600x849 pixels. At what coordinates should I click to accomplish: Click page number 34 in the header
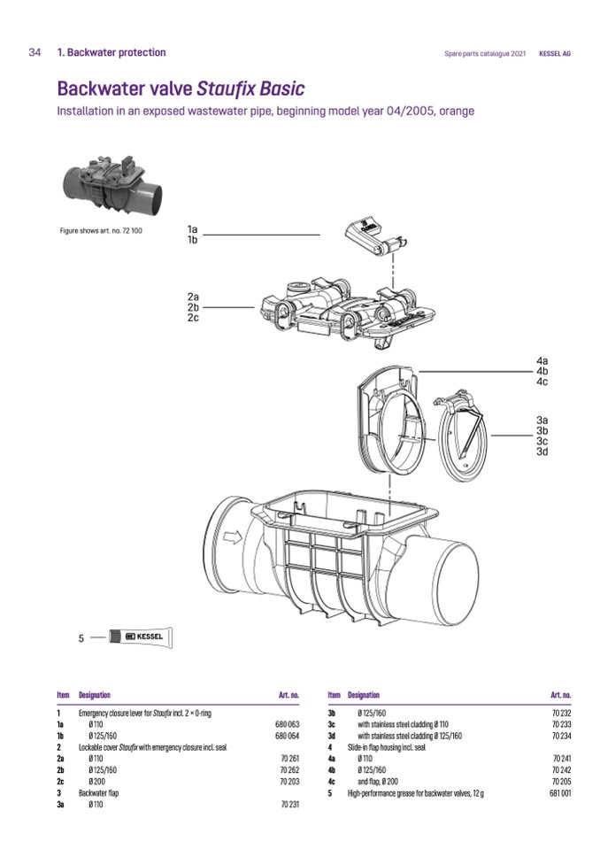(x=35, y=53)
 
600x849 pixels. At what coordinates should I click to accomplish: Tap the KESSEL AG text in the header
(x=555, y=53)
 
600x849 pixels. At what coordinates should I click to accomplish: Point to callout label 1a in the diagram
(x=193, y=228)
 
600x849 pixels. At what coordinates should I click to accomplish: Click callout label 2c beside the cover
(x=193, y=318)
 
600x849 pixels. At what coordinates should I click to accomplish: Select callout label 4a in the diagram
(x=542, y=361)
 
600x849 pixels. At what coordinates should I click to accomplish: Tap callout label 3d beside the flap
(x=542, y=452)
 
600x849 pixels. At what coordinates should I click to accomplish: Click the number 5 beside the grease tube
(x=81, y=637)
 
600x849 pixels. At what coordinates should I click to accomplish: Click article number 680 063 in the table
(x=288, y=724)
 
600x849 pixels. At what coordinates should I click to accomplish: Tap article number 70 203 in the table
(x=289, y=782)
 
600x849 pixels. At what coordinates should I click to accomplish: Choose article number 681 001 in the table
(x=559, y=793)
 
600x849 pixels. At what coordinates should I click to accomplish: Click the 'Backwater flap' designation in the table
(x=99, y=793)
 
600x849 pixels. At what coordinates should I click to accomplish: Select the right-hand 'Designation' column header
(x=364, y=695)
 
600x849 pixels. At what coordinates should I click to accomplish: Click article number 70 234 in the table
(x=561, y=736)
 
